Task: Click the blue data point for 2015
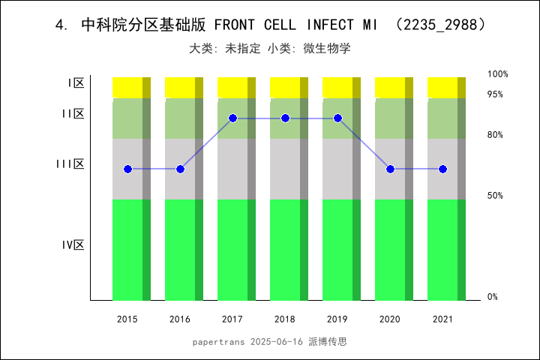pos(127,169)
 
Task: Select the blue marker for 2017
pos(232,118)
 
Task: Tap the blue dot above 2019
pos(337,118)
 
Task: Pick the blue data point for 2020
pos(390,169)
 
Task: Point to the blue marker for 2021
pos(442,169)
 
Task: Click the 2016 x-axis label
pos(180,319)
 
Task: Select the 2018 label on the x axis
pos(285,319)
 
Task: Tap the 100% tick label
pos(498,74)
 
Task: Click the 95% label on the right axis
pos(495,94)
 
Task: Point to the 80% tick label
pos(495,135)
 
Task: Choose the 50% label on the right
pos(495,196)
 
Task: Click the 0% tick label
pos(493,297)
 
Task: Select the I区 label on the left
pos(75,83)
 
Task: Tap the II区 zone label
pos(73,114)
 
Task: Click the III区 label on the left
pos(70,163)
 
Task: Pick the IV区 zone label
pos(73,244)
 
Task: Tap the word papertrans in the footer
pos(217,341)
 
